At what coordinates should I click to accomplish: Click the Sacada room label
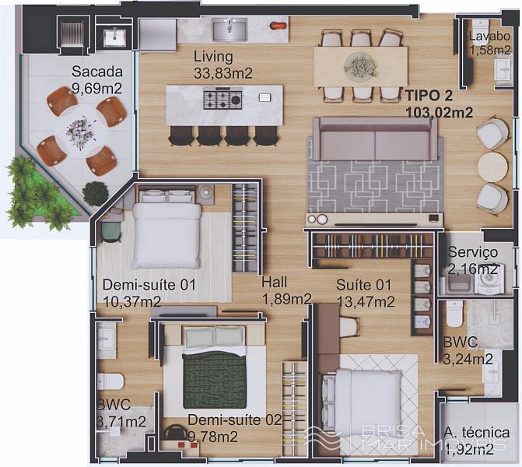[x=97, y=72]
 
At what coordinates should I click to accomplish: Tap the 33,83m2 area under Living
[x=222, y=73]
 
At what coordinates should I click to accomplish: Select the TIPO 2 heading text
[x=429, y=96]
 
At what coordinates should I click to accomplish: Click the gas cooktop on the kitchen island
[x=222, y=99]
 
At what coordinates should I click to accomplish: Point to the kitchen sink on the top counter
[x=229, y=29]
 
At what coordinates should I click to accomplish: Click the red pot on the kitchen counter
[x=277, y=25]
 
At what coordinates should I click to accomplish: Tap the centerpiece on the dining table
[x=361, y=66]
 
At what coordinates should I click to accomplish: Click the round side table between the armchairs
[x=492, y=167]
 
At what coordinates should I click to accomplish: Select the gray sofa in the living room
[x=375, y=139]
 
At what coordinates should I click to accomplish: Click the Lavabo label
[x=489, y=37]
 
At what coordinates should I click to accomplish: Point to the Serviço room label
[x=473, y=252]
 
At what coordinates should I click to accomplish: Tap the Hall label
[x=274, y=283]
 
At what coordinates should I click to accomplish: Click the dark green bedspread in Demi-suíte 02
[x=215, y=380]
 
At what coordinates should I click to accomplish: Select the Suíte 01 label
[x=363, y=285]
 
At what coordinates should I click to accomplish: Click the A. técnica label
[x=477, y=433]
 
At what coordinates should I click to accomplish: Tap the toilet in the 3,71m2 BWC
[x=110, y=381]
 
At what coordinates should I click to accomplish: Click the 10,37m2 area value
[x=132, y=302]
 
